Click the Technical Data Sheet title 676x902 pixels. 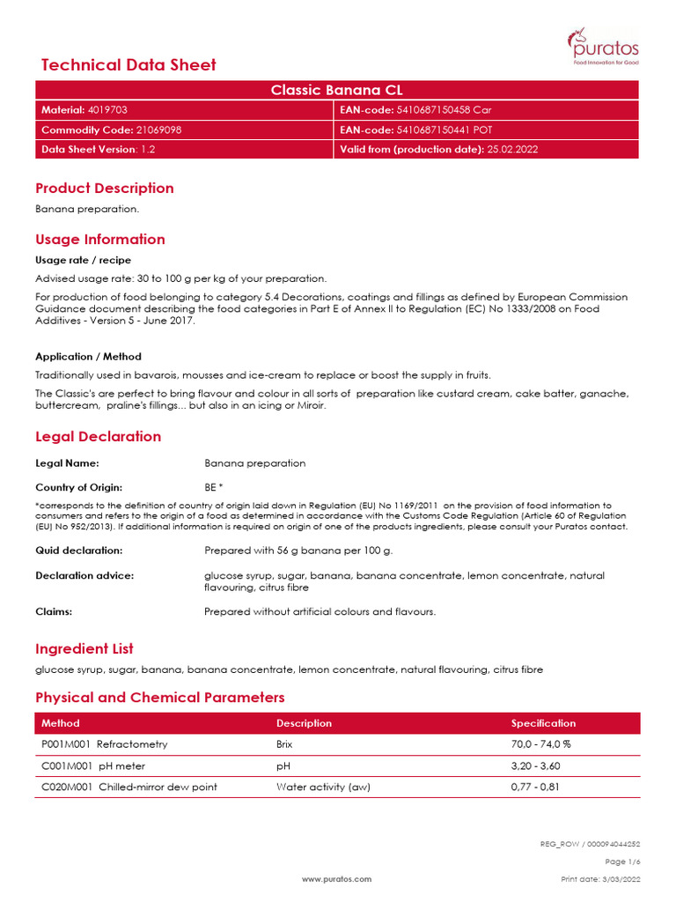coord(129,65)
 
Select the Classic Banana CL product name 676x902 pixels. coord(337,90)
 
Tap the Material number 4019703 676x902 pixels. coord(107,110)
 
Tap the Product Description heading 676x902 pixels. coord(104,188)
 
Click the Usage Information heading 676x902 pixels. coord(99,239)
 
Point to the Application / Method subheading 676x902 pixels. coord(88,357)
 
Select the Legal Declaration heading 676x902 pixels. coord(98,436)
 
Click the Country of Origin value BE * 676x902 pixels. coord(214,487)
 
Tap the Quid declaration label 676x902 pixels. coord(78,551)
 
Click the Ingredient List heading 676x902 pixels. coord(84,648)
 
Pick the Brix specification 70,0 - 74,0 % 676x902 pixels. coord(541,744)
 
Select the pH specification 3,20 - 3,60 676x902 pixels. coord(535,765)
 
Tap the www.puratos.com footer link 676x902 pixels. coord(337,879)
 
